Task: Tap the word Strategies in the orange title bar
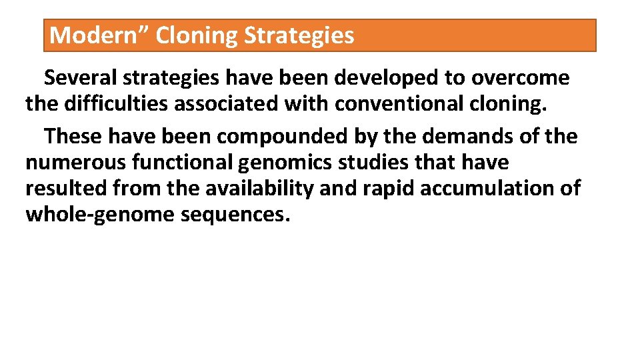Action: point(299,35)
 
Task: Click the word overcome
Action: point(520,78)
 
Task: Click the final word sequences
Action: point(235,215)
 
